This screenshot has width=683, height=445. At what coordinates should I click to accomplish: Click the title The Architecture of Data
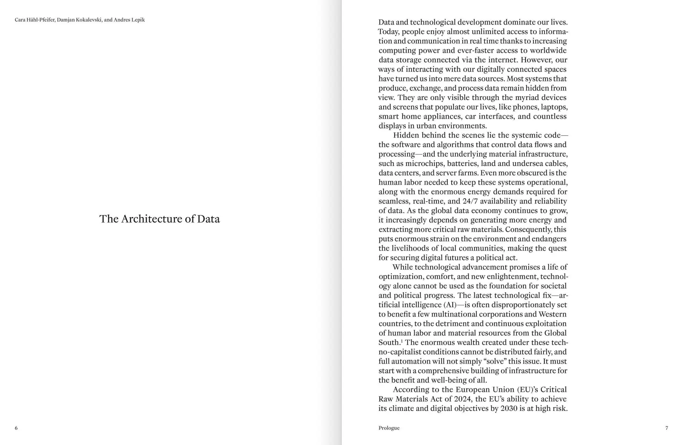click(159, 219)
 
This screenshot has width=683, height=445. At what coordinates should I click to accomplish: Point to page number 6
click(16, 428)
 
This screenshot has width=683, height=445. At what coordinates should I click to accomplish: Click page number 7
click(666, 428)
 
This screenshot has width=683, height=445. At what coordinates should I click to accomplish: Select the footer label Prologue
click(389, 428)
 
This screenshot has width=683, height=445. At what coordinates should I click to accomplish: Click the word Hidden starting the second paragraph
click(406, 135)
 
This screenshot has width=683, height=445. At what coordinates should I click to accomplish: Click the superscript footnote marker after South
click(402, 341)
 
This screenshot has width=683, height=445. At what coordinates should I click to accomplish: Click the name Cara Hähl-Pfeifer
click(35, 20)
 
